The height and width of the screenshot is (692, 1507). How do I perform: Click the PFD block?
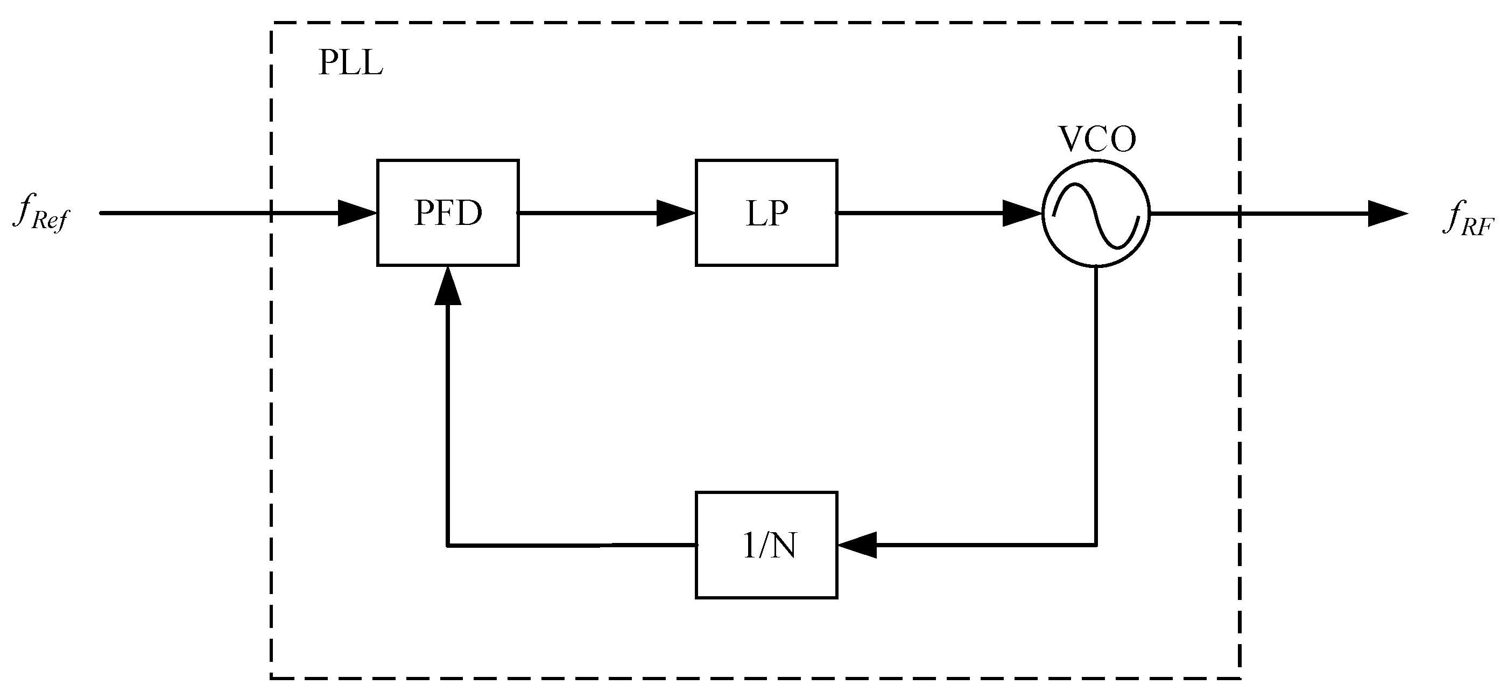click(448, 213)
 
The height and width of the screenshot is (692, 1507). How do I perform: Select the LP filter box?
click(766, 213)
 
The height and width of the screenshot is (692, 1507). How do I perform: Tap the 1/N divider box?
click(766, 545)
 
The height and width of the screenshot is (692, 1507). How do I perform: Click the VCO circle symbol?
click(1096, 214)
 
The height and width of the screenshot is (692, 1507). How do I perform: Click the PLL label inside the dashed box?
click(350, 63)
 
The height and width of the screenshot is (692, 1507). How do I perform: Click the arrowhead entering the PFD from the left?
click(357, 213)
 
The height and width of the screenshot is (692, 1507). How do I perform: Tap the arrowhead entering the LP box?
click(675, 213)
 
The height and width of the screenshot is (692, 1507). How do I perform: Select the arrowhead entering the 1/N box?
click(857, 545)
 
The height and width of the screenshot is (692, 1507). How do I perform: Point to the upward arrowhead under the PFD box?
click(448, 287)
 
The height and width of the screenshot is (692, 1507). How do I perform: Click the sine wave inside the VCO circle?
click(1096, 215)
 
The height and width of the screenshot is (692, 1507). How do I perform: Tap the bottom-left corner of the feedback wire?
click(448, 545)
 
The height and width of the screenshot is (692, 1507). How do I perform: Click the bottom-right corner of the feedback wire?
click(1096, 545)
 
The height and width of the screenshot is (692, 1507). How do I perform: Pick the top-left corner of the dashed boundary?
click(271, 23)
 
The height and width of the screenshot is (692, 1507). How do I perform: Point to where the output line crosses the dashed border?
click(1240, 214)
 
